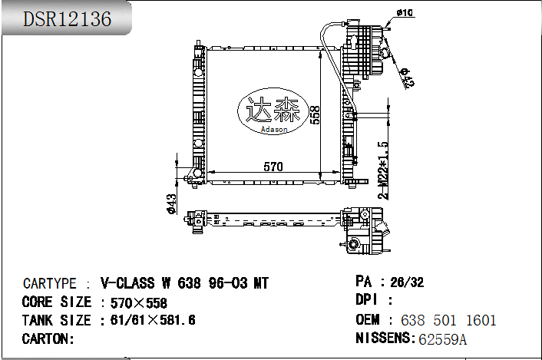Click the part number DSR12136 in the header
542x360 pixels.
click(x=67, y=18)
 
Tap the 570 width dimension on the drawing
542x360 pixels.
click(x=273, y=167)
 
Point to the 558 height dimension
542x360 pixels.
click(x=315, y=114)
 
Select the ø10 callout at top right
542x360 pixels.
click(x=405, y=13)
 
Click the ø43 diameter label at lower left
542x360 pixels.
click(x=172, y=204)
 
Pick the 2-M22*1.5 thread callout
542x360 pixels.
click(x=383, y=170)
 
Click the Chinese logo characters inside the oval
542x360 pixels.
click(x=273, y=109)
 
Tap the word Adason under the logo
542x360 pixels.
click(x=274, y=129)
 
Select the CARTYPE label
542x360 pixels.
click(x=49, y=284)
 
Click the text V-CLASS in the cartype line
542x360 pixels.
click(x=127, y=283)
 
